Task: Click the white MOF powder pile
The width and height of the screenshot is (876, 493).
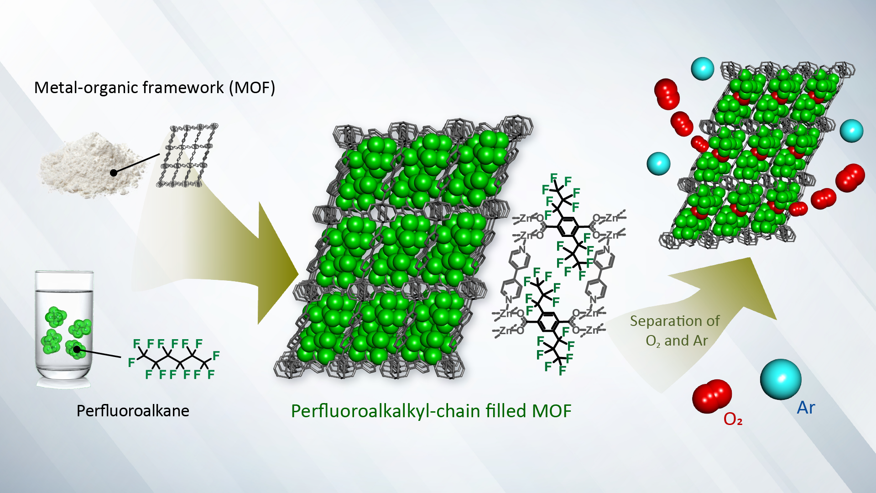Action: pos(91,164)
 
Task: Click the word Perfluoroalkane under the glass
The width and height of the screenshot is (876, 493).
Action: pos(133,411)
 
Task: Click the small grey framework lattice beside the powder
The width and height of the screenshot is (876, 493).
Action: pos(187,155)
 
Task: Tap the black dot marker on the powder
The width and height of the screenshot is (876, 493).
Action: pos(114,173)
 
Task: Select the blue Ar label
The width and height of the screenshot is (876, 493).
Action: pos(806,408)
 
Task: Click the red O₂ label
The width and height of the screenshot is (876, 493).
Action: pos(733,419)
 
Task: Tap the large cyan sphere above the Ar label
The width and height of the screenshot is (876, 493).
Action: pos(781,379)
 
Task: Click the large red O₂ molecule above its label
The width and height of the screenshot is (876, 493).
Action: pos(712,395)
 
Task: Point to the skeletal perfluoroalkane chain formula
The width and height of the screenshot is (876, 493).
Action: pos(173,359)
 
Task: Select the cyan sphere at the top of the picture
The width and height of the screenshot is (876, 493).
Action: pos(703,69)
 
